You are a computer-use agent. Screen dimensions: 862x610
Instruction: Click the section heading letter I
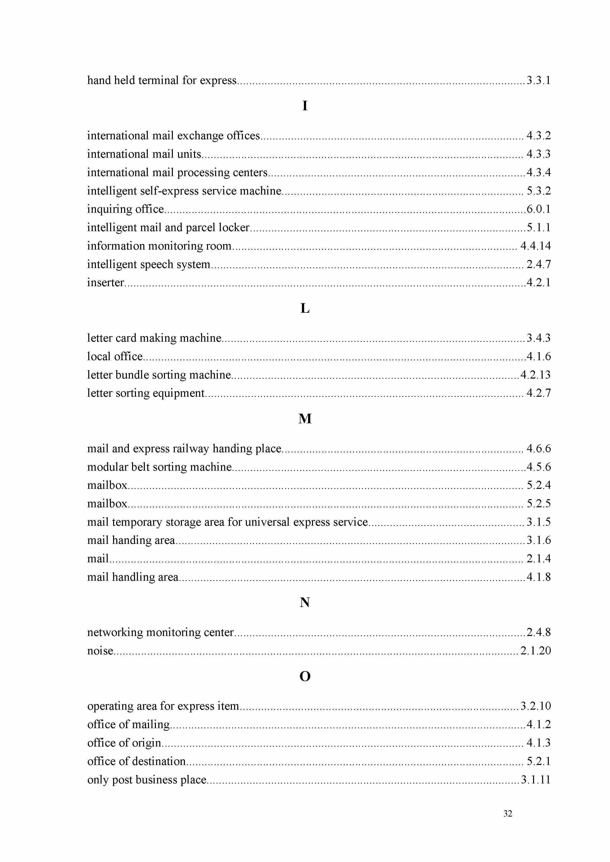pos(305,106)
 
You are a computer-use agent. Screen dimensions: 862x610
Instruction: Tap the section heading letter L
pos(305,309)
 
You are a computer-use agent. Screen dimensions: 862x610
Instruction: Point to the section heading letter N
pos(305,603)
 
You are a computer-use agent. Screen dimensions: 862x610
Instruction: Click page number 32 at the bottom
pos(507,814)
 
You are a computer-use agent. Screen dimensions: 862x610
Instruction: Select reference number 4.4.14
pos(535,246)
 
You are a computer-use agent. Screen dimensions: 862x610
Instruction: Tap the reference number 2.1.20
pos(535,651)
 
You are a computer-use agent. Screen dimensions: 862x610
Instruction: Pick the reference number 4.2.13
pos(535,375)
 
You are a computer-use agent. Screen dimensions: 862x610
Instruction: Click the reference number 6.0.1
pos(538,209)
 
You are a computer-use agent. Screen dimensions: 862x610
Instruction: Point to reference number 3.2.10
pos(535,706)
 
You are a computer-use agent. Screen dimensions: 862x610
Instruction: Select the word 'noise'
pos(100,651)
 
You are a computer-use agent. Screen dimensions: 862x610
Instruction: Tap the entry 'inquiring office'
pos(126,209)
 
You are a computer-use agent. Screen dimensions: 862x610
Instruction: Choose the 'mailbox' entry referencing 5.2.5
pos(107,503)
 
